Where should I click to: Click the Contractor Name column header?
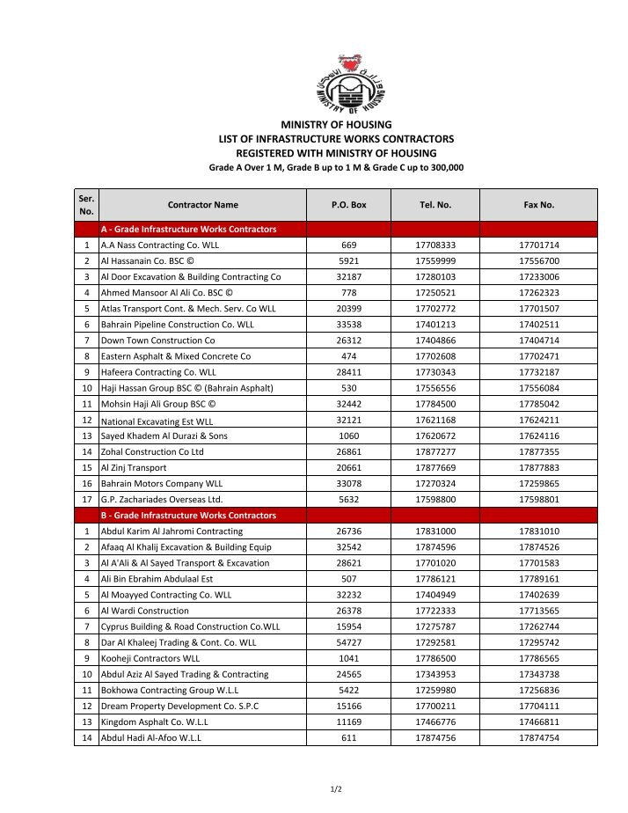202,205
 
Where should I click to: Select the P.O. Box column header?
348,205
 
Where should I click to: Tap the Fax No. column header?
539,205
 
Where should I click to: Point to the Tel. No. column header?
435,205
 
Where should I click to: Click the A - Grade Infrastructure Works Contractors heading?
188,230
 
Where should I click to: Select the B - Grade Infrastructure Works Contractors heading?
188,516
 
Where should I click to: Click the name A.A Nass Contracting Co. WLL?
159,245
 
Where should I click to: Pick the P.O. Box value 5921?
348,261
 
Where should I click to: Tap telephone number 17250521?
435,293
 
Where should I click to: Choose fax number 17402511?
539,325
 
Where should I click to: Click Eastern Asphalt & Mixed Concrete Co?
176,356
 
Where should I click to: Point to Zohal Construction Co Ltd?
152,451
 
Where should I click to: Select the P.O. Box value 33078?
348,484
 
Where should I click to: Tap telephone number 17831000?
435,531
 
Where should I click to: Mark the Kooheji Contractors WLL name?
150,658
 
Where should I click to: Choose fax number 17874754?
539,737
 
